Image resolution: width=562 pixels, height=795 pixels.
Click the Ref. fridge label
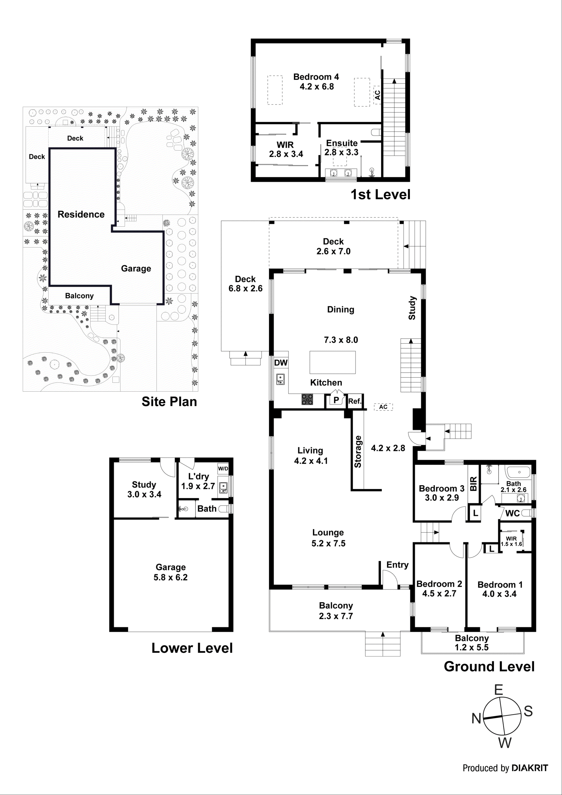[355, 401]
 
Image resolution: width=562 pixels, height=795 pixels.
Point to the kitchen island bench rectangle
[333, 362]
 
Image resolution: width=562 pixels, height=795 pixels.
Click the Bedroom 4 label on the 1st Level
[316, 77]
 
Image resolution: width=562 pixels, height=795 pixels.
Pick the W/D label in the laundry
[223, 469]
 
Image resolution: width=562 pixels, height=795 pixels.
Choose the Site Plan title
[169, 402]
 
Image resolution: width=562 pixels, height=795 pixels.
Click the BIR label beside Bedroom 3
[474, 484]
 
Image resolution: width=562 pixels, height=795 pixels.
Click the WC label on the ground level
[512, 513]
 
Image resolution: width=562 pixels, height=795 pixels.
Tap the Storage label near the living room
[358, 452]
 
